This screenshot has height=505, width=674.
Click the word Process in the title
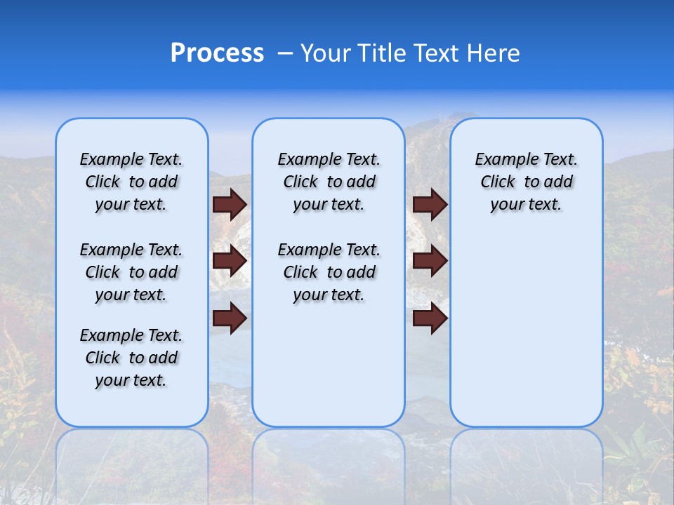click(217, 53)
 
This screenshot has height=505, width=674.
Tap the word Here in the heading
click(494, 53)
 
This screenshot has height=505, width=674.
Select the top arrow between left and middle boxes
click(230, 204)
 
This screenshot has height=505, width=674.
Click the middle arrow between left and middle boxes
click(230, 261)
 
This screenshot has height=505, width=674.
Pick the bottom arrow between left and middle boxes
click(230, 318)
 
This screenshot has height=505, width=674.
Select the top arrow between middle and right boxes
click(430, 204)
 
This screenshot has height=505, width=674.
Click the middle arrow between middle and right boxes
click(430, 261)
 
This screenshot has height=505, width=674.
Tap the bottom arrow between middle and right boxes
click(430, 318)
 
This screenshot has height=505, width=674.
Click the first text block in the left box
click(131, 182)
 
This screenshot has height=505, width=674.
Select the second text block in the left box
click(131, 272)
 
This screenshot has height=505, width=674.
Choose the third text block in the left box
click(131, 358)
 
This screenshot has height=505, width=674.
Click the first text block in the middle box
click(329, 182)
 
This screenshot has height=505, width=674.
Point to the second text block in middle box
click(329, 272)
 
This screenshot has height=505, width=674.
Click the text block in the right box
click(527, 182)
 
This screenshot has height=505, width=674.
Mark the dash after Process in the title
click(285, 53)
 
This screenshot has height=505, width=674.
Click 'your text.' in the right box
click(527, 205)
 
